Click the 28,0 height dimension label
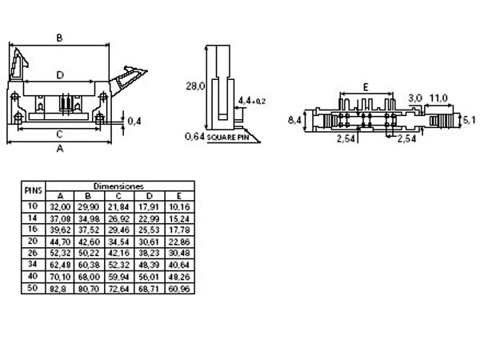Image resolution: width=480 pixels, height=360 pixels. pyautogui.click(x=196, y=85)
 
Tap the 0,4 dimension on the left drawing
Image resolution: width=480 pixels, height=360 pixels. pyautogui.click(x=134, y=121)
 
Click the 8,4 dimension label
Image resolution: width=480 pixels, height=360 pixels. pyautogui.click(x=294, y=120)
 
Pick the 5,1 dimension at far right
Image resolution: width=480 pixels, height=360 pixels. pyautogui.click(x=470, y=120)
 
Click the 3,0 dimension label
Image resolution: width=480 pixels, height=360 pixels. pyautogui.click(x=414, y=98)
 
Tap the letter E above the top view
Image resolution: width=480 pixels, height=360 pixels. pyautogui.click(x=364, y=86)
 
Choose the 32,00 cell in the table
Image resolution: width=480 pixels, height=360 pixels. pyautogui.click(x=60, y=206)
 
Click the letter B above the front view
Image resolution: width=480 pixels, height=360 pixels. pyautogui.click(x=60, y=37)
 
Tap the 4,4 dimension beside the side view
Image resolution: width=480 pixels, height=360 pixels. pyautogui.click(x=250, y=100)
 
